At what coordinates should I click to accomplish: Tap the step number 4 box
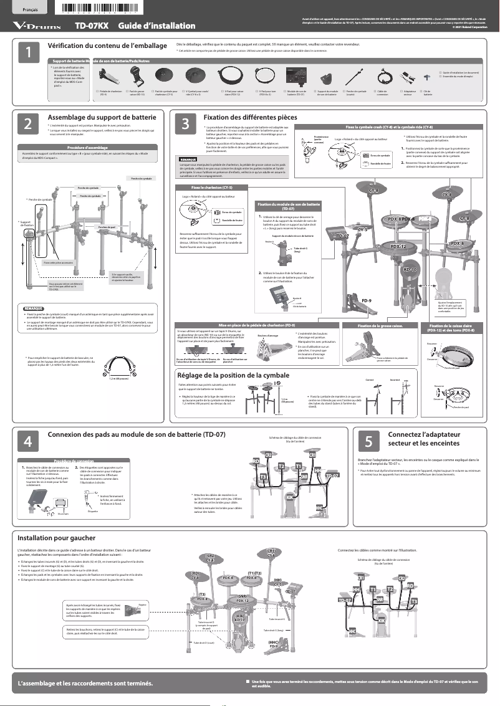[27, 441]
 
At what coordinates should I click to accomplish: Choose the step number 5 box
[368, 441]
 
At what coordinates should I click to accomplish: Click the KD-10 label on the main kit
[410, 269]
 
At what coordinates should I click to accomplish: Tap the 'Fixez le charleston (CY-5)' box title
[212, 187]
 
